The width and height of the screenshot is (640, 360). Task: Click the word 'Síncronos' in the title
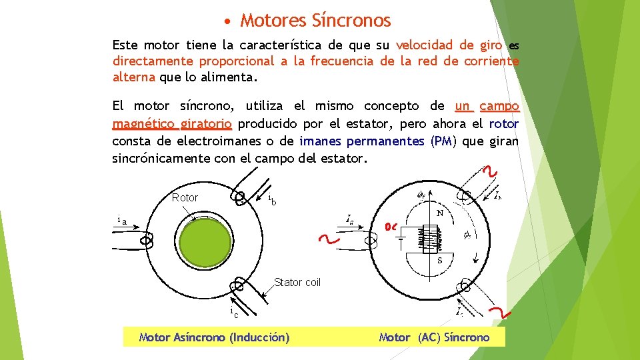351,21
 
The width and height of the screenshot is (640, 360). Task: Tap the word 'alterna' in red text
133,77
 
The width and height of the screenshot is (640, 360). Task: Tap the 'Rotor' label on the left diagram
185,198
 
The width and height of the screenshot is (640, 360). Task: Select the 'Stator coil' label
297,283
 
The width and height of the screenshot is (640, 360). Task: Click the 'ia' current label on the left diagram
121,220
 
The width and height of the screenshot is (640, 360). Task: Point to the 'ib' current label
272,200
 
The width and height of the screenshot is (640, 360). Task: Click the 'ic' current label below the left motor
233,313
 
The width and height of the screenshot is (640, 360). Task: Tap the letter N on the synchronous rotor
440,213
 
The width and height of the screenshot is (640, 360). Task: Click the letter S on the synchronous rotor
440,261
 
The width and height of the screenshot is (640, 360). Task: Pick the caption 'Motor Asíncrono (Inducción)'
213,337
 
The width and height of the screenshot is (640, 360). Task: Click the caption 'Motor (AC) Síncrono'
434,337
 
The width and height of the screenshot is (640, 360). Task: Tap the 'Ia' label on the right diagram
350,218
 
